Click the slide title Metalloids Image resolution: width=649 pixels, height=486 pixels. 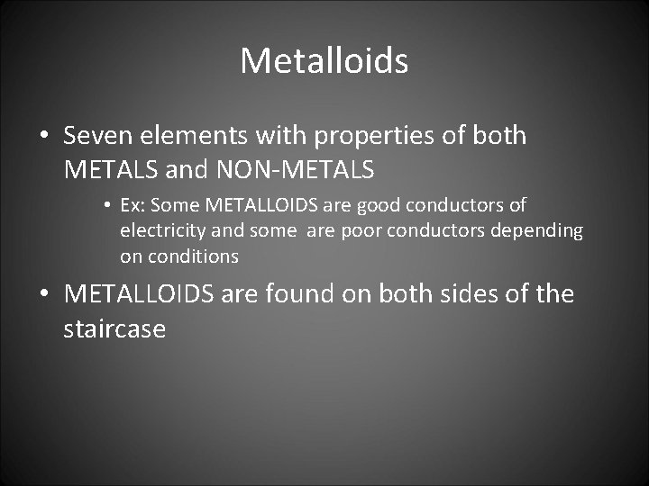tap(324, 61)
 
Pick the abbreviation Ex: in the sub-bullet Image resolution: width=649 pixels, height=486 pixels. tap(132, 205)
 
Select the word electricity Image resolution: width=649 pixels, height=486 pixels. tap(163, 230)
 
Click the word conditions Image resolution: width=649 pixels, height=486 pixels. tap(194, 256)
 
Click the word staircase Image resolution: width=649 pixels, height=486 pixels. tap(114, 328)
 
